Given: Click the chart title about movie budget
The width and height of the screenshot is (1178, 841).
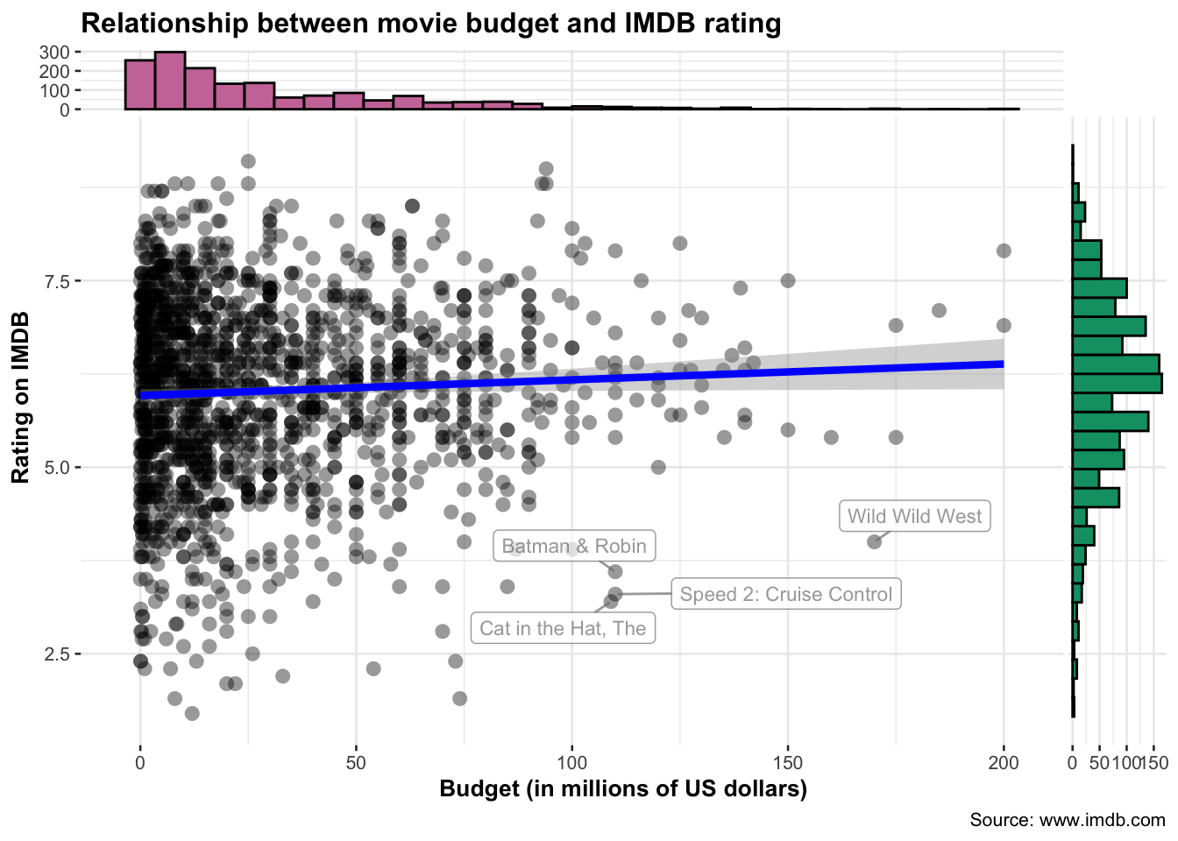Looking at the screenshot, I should (430, 23).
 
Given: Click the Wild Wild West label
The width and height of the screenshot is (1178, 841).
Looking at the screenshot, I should (914, 516).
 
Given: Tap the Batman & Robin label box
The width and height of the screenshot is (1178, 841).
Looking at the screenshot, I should (574, 546).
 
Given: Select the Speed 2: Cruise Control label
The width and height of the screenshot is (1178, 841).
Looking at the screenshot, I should (785, 594).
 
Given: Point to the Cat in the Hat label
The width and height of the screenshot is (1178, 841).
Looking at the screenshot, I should (563, 628).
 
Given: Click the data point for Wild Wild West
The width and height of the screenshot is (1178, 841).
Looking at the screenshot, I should (874, 541).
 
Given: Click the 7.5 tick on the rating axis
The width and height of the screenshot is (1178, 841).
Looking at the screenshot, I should (58, 281).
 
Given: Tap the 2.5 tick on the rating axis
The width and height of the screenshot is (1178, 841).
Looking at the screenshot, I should (58, 654).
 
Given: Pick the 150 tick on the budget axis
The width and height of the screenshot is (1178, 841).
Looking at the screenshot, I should (788, 762).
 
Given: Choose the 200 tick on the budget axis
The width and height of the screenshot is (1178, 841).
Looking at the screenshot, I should (1004, 762).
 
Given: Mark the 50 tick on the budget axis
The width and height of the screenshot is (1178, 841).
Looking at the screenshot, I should (356, 762).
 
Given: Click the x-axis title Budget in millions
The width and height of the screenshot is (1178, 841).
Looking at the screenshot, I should (622, 788).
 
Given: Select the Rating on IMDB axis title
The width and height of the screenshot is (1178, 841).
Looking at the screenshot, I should (21, 397).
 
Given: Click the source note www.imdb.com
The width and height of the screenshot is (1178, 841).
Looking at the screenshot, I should (1067, 820).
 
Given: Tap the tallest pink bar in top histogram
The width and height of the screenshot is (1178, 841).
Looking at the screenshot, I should (170, 81).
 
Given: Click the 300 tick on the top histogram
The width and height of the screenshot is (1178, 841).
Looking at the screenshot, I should (54, 52).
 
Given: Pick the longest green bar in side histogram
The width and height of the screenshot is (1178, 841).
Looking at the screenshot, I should (1117, 383).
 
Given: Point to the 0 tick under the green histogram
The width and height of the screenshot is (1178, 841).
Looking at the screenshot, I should (1072, 762).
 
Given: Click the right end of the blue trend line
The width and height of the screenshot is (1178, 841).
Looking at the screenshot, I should (1002, 364).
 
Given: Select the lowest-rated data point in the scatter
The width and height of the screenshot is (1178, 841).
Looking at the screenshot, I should (192, 713).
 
